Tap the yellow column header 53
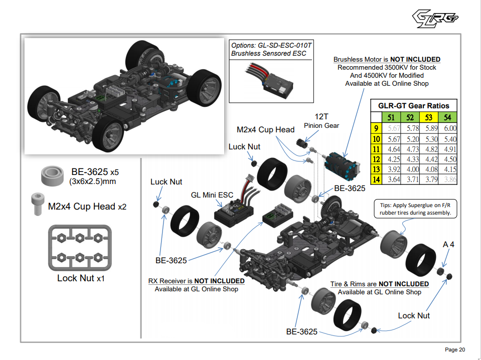tap(428, 117)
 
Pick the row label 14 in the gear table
tap(375, 179)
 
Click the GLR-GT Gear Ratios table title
tap(414, 105)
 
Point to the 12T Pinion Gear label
tap(321, 121)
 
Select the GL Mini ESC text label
tap(212, 195)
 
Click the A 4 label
tap(449, 245)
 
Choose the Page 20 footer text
tap(455, 349)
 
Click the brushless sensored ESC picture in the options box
tap(270, 79)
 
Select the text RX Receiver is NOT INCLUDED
tap(193, 281)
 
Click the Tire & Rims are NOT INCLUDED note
tap(379, 284)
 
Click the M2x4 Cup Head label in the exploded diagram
tap(265, 130)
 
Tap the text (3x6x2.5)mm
tap(93, 182)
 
